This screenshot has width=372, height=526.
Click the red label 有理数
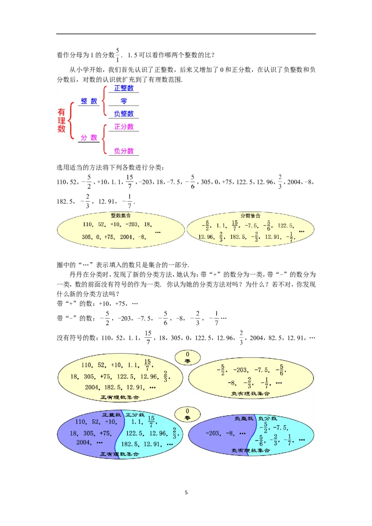[x=61, y=120]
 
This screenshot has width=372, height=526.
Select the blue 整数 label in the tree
[x=89, y=101]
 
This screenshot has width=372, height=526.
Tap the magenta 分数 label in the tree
[x=89, y=138]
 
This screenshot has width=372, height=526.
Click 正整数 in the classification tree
[x=124, y=88]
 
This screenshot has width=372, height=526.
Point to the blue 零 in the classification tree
[x=124, y=101]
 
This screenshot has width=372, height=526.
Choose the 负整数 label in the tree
[x=124, y=113]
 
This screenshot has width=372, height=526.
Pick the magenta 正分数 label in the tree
[x=124, y=126]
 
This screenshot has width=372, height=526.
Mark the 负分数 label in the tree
[x=124, y=151]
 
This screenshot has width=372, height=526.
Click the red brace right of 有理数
[x=71, y=120]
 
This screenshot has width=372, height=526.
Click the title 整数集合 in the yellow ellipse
[x=120, y=216]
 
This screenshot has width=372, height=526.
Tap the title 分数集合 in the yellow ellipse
[x=250, y=216]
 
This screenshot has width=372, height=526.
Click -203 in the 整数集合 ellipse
[x=133, y=224]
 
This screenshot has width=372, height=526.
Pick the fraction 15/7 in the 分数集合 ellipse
[x=234, y=226]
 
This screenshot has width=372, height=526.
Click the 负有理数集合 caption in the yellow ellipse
[x=250, y=394]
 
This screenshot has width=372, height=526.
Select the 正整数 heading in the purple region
[x=112, y=414]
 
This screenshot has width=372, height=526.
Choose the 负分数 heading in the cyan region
[x=267, y=419]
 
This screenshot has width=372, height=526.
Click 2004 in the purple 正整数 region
[x=84, y=442]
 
